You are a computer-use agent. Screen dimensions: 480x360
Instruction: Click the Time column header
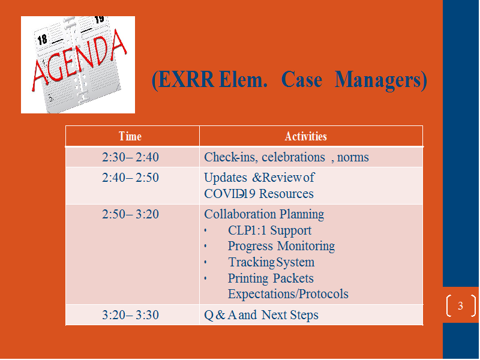tap(130, 136)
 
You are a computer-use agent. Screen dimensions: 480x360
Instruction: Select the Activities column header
tap(306, 136)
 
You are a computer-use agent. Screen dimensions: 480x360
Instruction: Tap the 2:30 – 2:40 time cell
tap(130, 157)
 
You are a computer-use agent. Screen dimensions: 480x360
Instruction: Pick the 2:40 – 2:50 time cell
tap(130, 178)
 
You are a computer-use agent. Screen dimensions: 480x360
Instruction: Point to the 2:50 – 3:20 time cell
tap(130, 214)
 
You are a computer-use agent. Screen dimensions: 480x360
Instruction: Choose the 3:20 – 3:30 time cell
tap(130, 315)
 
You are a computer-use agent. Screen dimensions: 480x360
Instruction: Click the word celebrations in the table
tap(293, 157)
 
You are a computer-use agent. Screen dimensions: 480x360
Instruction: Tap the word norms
tap(353, 158)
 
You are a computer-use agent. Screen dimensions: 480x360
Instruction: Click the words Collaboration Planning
tap(264, 214)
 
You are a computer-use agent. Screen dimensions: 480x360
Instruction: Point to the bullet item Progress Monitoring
tap(281, 246)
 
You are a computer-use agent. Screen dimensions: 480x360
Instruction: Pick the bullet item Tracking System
tap(271, 262)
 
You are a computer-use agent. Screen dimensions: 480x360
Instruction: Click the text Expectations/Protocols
tap(288, 294)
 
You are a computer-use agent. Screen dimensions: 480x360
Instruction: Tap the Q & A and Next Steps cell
tap(261, 315)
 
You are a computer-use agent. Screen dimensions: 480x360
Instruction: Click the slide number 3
tap(460, 305)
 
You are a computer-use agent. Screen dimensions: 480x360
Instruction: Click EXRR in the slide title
tap(183, 80)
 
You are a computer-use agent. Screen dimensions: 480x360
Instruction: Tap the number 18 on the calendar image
tap(42, 39)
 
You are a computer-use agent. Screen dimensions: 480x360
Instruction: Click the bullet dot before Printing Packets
tap(205, 278)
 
